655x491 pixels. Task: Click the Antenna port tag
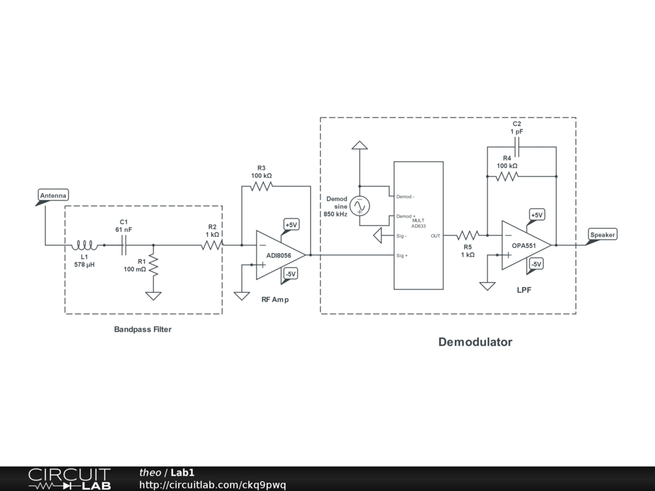(53, 196)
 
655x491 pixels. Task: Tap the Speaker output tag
(602, 235)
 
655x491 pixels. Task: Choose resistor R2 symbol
(211, 245)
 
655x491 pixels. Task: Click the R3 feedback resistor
(262, 186)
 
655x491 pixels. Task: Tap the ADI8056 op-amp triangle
(280, 255)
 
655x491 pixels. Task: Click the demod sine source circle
(359, 206)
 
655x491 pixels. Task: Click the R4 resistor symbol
(507, 176)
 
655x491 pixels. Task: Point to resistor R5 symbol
(468, 236)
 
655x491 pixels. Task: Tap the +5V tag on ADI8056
(291, 225)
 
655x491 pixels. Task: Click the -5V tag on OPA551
(536, 264)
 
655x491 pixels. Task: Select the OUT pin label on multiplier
(436, 236)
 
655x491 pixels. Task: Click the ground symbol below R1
(154, 295)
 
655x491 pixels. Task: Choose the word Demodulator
(475, 342)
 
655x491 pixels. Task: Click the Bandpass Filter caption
(143, 330)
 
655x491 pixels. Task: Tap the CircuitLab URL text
(212, 485)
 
